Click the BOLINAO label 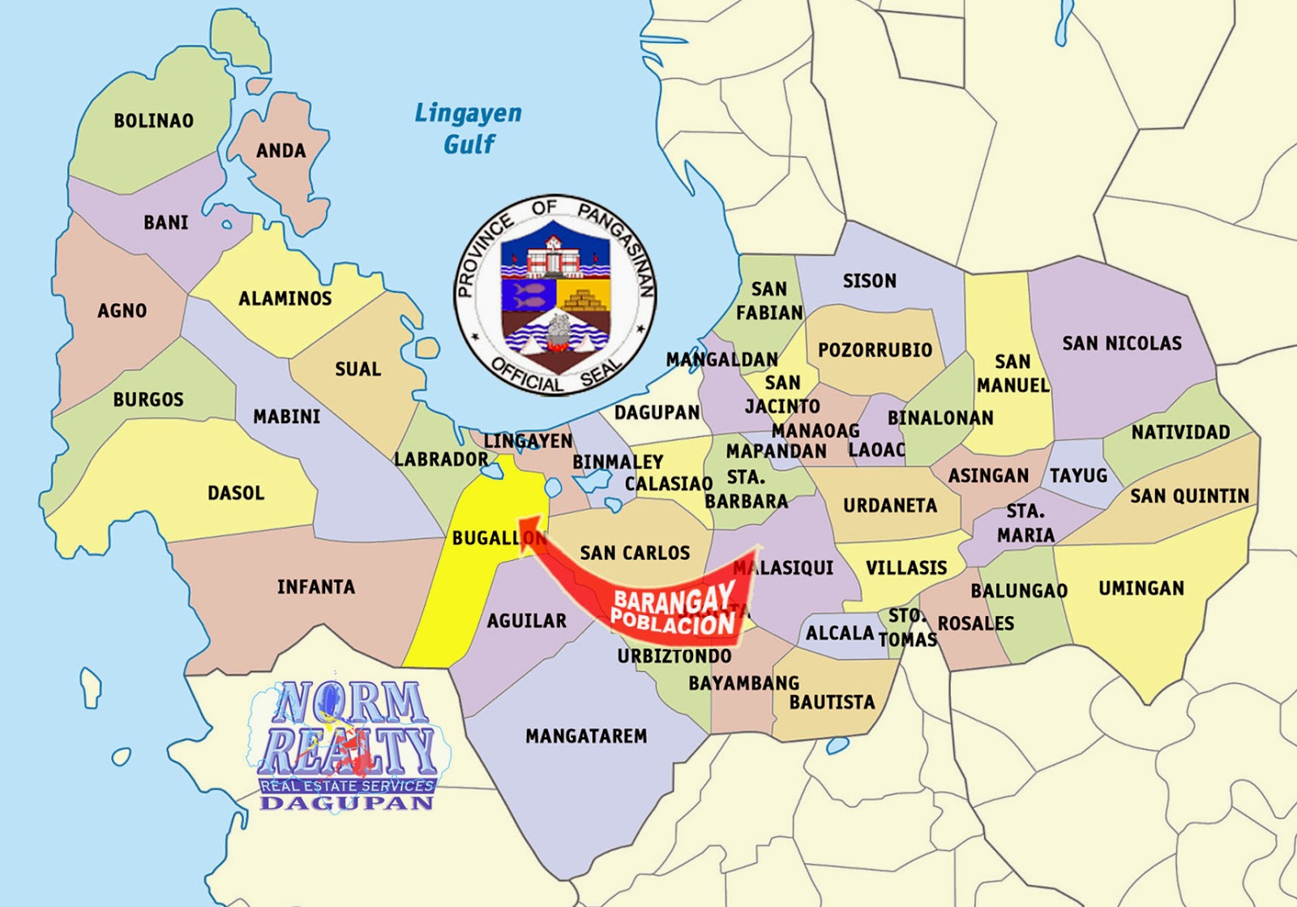[153, 121]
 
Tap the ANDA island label [280, 151]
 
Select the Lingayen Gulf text [468, 128]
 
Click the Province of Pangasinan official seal [555, 296]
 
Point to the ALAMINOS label [285, 298]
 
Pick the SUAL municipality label [357, 369]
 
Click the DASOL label [236, 493]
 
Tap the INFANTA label [315, 586]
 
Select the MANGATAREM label [586, 736]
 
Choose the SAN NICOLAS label [1122, 343]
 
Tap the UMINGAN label [1141, 588]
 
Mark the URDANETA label [889, 505]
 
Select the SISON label [869, 280]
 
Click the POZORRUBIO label [875, 350]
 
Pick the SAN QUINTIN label [1189, 495]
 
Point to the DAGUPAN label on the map [657, 412]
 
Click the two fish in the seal [528, 293]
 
